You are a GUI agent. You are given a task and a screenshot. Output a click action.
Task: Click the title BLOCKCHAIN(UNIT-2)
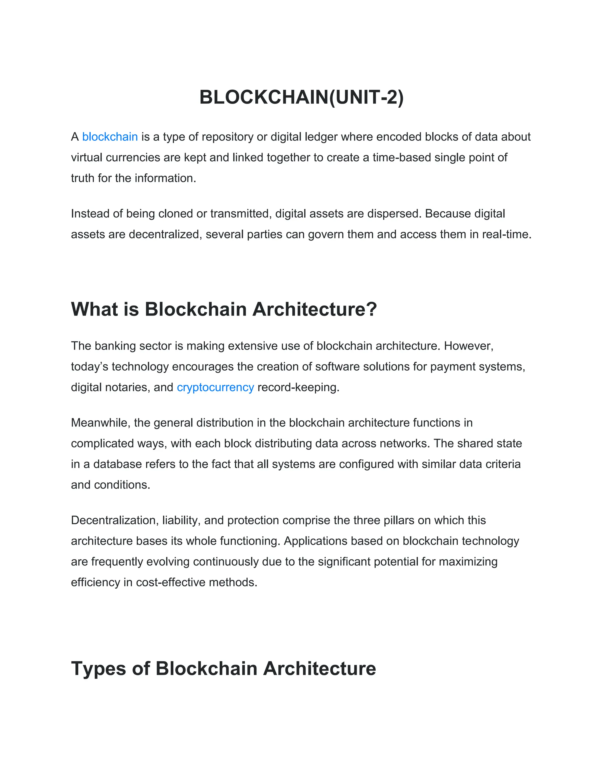[301, 97]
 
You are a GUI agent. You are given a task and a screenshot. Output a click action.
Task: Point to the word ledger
[320, 137]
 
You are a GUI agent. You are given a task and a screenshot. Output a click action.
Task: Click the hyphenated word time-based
[402, 157]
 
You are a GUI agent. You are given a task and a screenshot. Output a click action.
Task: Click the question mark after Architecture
[372, 309]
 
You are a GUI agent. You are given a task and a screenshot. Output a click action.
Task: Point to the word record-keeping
[298, 388]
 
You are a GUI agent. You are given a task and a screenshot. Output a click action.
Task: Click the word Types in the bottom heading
[98, 668]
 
